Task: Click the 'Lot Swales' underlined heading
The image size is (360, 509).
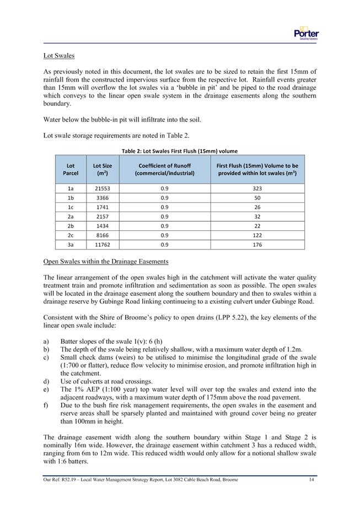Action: coord(59,56)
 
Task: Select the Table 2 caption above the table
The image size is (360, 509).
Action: coord(180,151)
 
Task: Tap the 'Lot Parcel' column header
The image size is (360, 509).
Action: coord(71,169)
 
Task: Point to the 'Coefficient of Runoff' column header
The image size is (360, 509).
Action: coord(164,169)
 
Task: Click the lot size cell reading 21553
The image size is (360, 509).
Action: coord(103,188)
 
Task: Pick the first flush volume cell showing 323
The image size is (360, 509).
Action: coord(257,188)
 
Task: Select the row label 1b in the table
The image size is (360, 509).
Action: coord(71,197)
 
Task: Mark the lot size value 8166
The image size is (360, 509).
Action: coord(103,235)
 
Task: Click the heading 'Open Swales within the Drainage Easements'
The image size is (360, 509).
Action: coord(106,261)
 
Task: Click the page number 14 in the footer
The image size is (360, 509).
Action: coord(311,480)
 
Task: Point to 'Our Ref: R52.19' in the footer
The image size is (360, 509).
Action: coord(61,480)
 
